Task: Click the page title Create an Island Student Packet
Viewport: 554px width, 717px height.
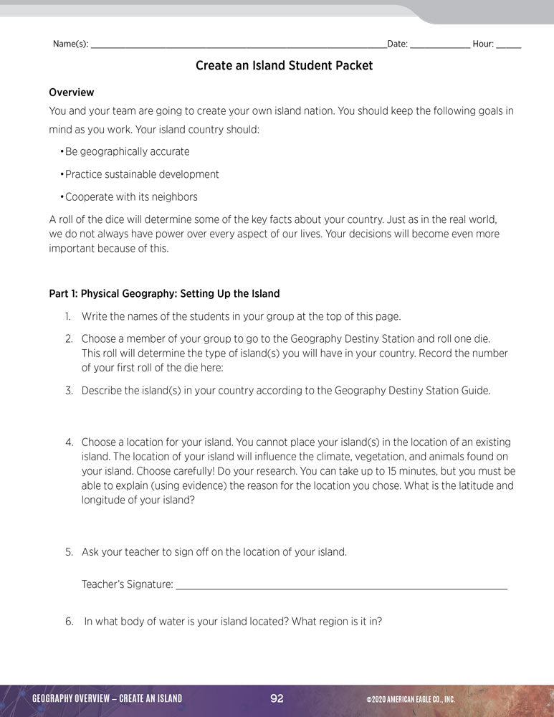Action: click(x=284, y=66)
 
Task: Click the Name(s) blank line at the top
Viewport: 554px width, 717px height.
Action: click(x=238, y=46)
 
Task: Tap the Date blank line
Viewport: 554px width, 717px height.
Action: click(x=440, y=46)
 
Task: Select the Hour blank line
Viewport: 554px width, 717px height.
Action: click(x=508, y=46)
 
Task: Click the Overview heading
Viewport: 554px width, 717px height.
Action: click(x=71, y=92)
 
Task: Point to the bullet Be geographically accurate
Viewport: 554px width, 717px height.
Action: click(x=127, y=151)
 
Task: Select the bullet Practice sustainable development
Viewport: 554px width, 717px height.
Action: click(x=141, y=174)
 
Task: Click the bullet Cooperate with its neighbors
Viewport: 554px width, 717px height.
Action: click(x=130, y=197)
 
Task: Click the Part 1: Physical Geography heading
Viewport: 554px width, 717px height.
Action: click(x=164, y=293)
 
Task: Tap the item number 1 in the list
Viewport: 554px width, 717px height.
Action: click(x=68, y=316)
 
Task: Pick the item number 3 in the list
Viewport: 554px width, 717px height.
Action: click(x=69, y=391)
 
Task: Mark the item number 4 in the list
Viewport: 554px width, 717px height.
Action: click(x=69, y=442)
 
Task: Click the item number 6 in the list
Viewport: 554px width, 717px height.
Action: click(x=69, y=622)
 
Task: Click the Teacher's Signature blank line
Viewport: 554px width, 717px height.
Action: click(x=341, y=587)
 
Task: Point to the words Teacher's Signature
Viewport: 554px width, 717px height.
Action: click(x=128, y=584)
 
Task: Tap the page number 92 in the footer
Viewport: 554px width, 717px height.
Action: click(x=277, y=699)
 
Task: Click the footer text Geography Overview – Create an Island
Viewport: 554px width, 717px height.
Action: click(x=108, y=699)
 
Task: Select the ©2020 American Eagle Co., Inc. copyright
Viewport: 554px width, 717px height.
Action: click(x=410, y=700)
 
